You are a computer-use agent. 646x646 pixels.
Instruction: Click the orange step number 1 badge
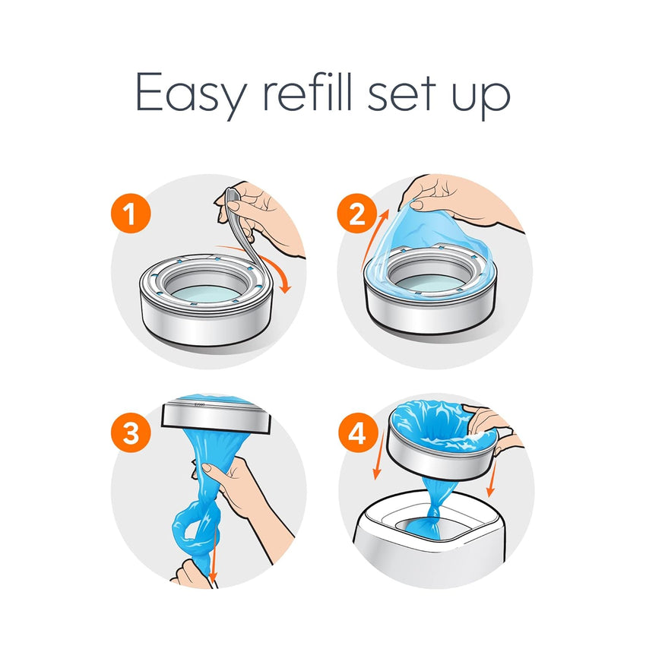(x=131, y=217)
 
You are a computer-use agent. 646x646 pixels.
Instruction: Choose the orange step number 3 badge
(x=131, y=434)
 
